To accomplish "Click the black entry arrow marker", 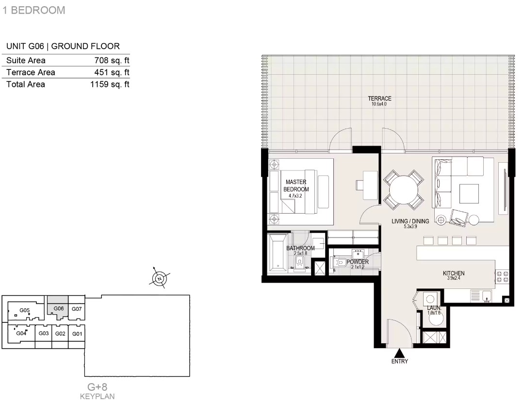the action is (x=400, y=353).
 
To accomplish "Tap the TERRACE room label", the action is (x=379, y=99).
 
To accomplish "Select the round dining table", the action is (x=404, y=190).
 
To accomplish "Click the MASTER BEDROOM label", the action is (x=296, y=185).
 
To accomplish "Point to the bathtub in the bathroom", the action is (x=278, y=252).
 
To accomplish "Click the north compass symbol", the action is (x=160, y=279).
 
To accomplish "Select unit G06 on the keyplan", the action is (x=58, y=305).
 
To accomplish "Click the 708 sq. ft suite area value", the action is (x=112, y=60).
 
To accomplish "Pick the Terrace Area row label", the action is (x=31, y=72).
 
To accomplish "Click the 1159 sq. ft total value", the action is (x=110, y=84).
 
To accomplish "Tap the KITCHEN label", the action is (x=454, y=273).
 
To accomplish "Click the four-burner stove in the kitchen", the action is (x=502, y=276).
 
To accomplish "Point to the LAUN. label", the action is (x=434, y=308).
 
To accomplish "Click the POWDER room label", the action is (x=358, y=262).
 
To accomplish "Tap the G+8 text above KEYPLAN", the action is (x=98, y=387).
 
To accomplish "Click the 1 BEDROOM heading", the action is (x=33, y=10).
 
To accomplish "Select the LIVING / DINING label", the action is (x=410, y=221).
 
